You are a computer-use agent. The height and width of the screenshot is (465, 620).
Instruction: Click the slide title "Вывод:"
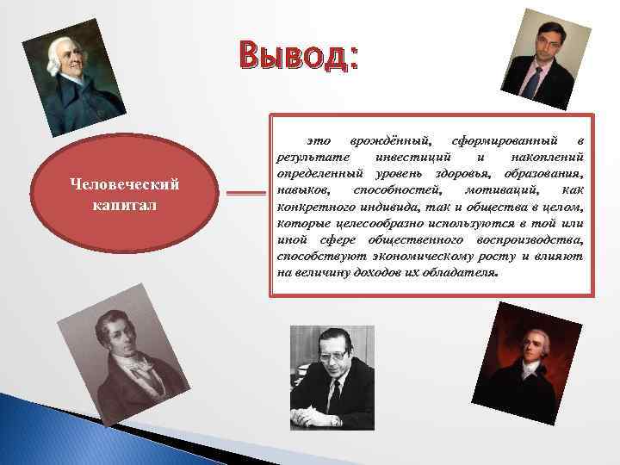point(298,58)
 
